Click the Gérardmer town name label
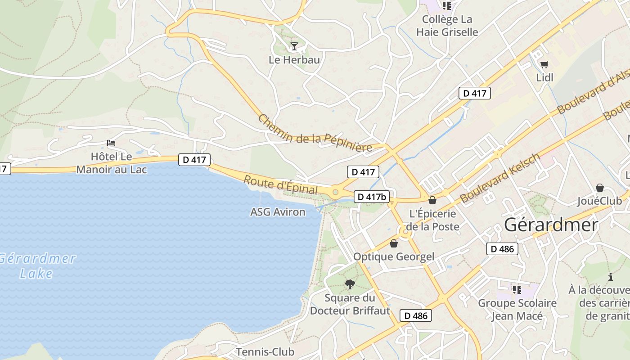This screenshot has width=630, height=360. coord(551,225)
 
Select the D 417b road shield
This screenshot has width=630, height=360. coord(372,197)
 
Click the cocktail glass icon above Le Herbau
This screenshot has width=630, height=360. coord(294,46)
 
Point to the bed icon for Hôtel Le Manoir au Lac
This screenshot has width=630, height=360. coord(111,143)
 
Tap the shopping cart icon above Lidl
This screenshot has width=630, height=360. coord(544,64)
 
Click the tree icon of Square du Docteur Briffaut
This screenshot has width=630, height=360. coord(350,284)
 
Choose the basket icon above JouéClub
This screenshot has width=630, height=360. coord(599,188)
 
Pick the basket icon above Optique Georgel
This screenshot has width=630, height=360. coord(394,243)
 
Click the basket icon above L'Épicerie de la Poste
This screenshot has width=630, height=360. coord(432,200)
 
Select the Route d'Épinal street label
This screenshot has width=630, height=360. coord(280,185)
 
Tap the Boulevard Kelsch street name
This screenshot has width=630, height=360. coord(499,178)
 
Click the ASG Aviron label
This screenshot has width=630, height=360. coord(278,212)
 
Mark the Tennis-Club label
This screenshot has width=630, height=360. coord(265,352)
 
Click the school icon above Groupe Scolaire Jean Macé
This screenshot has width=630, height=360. coord(517,289)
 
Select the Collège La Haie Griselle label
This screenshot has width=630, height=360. coord(447,26)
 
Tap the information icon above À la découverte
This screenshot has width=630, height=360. coord(611,277)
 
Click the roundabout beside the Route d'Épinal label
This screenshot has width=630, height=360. coord(335,192)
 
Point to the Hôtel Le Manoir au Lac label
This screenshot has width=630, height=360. coord(112,163)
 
